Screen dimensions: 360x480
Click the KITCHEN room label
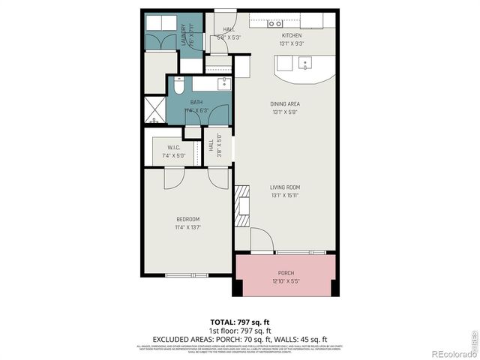click(x=291, y=35)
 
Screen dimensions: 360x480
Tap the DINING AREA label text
click(x=285, y=104)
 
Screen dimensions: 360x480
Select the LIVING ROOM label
click(x=285, y=187)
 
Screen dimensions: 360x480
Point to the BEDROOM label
click(x=188, y=219)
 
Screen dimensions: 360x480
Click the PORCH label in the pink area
click(x=286, y=273)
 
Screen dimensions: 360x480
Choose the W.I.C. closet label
click(x=172, y=148)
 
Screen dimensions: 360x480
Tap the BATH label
click(x=196, y=103)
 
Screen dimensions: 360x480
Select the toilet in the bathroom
click(x=178, y=87)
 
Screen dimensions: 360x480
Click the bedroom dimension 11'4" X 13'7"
click(x=188, y=226)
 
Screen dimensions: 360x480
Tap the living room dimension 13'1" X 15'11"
click(x=285, y=195)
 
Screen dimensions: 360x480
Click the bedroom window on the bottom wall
click(x=186, y=275)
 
